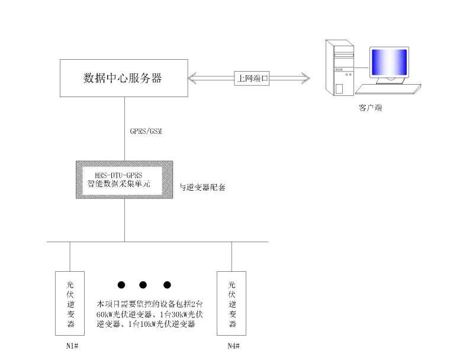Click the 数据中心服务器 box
pos(124,78)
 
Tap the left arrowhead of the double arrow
pos(192,78)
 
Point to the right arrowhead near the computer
pos(304,78)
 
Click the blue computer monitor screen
pos(388,63)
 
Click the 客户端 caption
pos(367,108)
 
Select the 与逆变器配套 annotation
pos(202,187)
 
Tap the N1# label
pos(70,346)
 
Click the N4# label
pos(232,346)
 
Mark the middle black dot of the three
pos(144,285)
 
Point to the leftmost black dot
pos(121,285)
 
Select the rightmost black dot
pos(167,285)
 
